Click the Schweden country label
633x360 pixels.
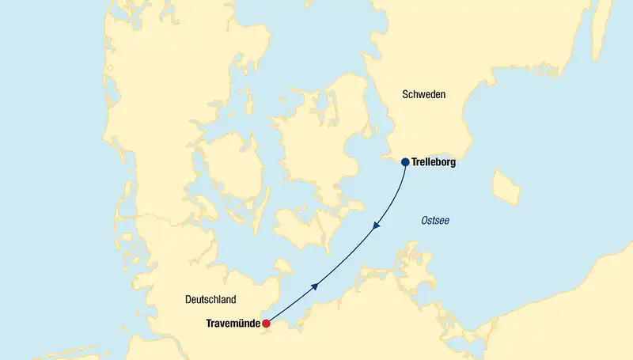click(x=424, y=94)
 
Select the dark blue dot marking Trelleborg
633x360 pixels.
click(x=405, y=162)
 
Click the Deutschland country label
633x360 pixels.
click(x=210, y=300)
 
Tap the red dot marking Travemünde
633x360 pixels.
click(x=267, y=324)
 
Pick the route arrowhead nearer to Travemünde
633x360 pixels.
click(x=315, y=286)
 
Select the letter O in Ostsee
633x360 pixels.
click(x=424, y=220)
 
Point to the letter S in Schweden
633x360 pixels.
click(x=406, y=94)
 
